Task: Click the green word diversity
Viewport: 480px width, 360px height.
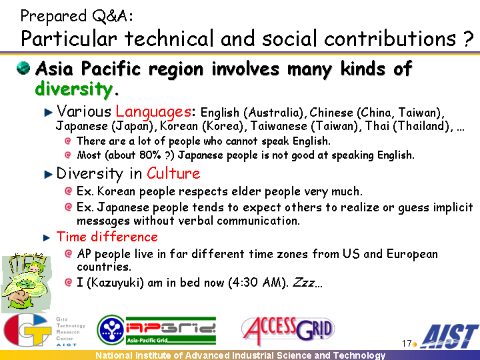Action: click(x=74, y=89)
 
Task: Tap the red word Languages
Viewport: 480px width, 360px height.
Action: click(x=153, y=112)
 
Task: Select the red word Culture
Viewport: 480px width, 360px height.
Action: click(x=173, y=173)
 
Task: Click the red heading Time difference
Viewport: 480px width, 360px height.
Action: click(x=107, y=237)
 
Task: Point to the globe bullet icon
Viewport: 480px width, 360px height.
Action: click(x=23, y=67)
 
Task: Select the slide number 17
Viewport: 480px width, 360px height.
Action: click(x=407, y=343)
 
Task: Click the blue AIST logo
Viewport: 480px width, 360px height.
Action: click(x=449, y=336)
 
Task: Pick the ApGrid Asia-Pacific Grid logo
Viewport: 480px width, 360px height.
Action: click(x=157, y=330)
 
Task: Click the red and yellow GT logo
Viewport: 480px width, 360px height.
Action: click(x=27, y=330)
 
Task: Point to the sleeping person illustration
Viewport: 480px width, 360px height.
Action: click(x=26, y=282)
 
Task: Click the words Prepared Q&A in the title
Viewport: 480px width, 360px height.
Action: click(x=77, y=16)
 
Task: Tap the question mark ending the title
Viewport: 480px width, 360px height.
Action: click(x=469, y=39)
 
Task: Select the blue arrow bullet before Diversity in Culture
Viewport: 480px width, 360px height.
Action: click(x=49, y=174)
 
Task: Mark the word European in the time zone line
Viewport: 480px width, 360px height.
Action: click(x=412, y=254)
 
